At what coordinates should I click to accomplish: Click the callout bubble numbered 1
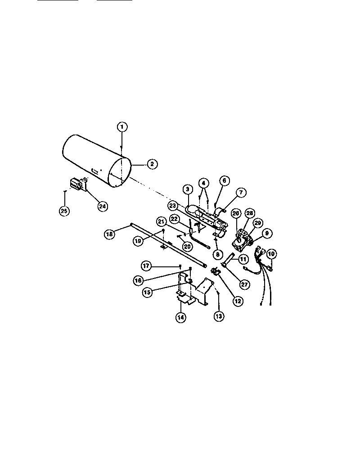coord(121,127)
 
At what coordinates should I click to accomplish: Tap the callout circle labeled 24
coord(103,206)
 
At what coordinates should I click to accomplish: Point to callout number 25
coord(65,210)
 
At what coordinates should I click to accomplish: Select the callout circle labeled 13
coord(219,316)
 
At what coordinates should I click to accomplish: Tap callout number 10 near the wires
coord(271,254)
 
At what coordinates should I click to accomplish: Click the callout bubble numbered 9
coord(266,233)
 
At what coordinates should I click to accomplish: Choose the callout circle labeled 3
coord(188,189)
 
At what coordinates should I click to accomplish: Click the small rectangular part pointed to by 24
coord(77,184)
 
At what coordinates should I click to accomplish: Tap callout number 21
coord(162,221)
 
